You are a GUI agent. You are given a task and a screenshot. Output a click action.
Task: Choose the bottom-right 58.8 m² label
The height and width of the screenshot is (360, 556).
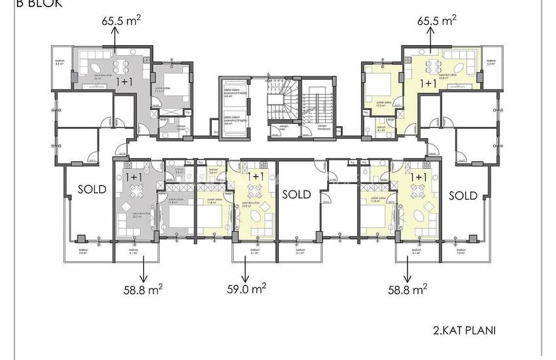pyautogui.click(x=406, y=288)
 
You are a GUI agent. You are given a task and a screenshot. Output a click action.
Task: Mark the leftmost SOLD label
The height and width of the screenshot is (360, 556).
pyautogui.click(x=92, y=189)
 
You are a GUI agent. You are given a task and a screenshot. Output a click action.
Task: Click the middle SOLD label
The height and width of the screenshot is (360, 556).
pyautogui.click(x=296, y=194)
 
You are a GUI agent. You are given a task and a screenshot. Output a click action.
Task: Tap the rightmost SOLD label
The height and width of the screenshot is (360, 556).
pyautogui.click(x=463, y=194)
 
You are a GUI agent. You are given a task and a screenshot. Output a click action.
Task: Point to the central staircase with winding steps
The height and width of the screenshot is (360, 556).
pyautogui.click(x=281, y=105)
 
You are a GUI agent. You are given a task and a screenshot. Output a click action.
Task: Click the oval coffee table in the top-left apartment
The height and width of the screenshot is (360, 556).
pyautogui.click(x=94, y=67)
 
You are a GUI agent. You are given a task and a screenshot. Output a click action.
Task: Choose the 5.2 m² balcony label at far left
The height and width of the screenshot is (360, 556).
pyautogui.click(x=59, y=65)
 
